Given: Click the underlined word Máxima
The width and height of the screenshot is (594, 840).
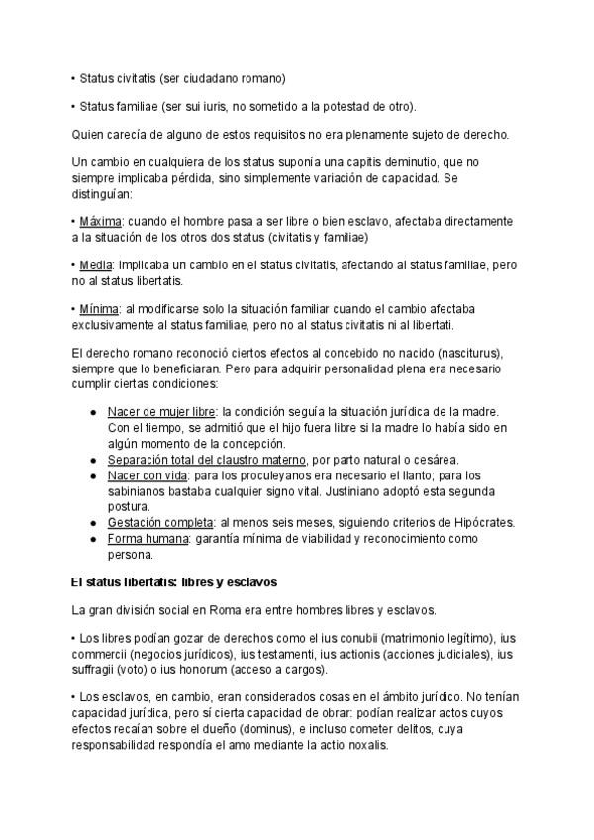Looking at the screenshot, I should (x=100, y=221).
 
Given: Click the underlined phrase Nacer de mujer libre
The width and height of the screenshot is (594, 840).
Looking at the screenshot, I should (x=161, y=411).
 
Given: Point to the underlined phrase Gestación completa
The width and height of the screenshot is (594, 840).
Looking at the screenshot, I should (x=160, y=522).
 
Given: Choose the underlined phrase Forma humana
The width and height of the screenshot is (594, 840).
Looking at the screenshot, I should (x=148, y=538).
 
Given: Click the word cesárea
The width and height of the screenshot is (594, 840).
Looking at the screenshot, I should (x=435, y=460).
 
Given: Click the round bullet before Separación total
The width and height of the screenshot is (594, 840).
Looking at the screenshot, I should (x=93, y=460).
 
